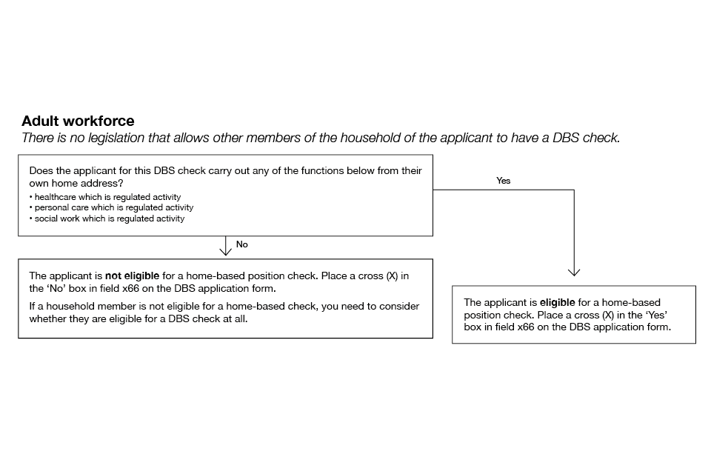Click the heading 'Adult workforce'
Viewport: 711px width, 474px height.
[x=78, y=121]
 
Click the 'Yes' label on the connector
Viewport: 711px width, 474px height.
[x=504, y=181]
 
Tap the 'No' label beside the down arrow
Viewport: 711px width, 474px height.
[x=242, y=244]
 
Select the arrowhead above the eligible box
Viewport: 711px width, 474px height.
[x=573, y=272]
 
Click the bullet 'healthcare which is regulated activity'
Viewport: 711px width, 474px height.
[x=105, y=197]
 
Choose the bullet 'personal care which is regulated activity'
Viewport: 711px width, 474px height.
[x=111, y=208]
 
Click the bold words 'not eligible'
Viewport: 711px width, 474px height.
[x=132, y=276]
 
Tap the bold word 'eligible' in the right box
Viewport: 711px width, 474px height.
[x=558, y=302]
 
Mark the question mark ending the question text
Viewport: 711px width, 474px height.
[x=121, y=182]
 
